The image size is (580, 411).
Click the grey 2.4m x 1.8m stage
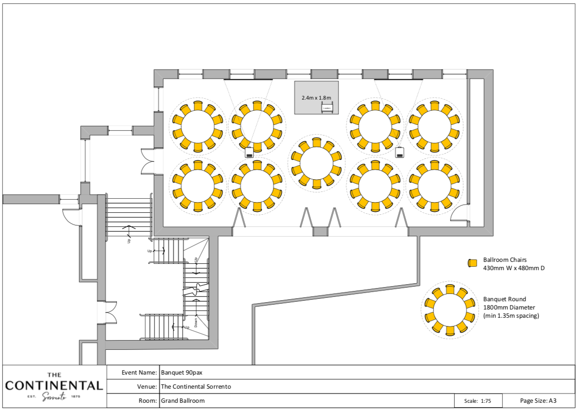point(316,92)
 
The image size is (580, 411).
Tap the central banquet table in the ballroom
point(316,163)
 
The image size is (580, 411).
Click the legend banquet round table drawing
point(449,310)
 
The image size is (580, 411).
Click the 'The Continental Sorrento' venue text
point(196,387)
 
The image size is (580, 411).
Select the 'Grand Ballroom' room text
point(182,401)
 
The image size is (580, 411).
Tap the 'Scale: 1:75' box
point(478,401)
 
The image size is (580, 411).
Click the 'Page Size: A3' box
point(538,401)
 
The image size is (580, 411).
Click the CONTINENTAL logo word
point(54,386)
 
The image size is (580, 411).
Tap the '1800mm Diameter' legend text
point(508,308)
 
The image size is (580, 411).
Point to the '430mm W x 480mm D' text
point(514,268)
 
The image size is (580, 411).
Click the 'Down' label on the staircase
point(196,323)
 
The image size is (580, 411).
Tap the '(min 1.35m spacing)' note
point(511,316)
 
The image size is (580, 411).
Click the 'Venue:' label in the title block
point(147,387)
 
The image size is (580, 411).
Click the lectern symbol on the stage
point(327,108)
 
